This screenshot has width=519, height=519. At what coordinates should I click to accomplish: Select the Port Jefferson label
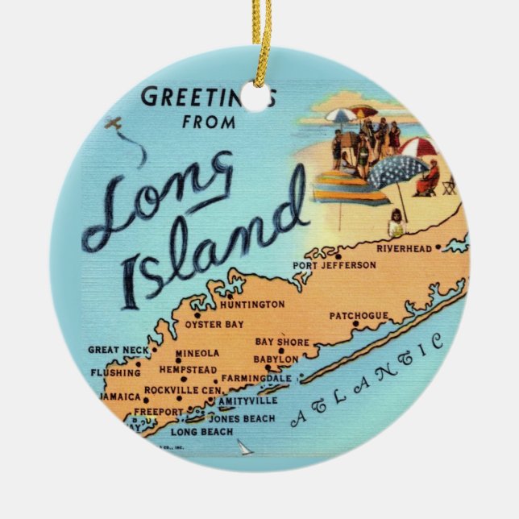coord(335,264)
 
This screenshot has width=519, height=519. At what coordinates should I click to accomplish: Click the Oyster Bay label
coord(214,325)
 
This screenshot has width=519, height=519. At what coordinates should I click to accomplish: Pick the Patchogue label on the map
coord(359,316)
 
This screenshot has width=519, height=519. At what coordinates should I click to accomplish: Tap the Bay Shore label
coord(282,343)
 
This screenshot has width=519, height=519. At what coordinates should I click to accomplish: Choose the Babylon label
coord(277,359)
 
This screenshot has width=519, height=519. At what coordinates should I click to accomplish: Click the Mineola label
coord(197,353)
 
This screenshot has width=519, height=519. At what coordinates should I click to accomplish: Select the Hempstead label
coord(188,369)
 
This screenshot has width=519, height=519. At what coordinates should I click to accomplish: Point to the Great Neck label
coord(118,350)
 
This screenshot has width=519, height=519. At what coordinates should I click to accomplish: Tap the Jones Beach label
coord(242,418)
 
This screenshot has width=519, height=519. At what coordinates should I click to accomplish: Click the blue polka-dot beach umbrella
coord(397,170)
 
